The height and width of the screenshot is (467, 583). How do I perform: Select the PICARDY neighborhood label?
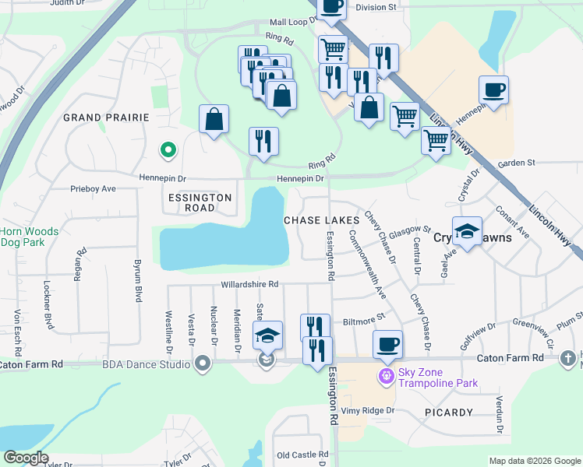tap(448, 412)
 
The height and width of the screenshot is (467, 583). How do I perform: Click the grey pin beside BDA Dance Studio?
tap(203, 363)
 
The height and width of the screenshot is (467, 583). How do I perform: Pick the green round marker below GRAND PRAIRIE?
tap(166, 149)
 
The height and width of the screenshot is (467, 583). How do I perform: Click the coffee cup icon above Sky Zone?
tap(387, 343)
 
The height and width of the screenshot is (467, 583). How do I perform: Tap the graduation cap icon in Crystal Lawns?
tap(467, 231)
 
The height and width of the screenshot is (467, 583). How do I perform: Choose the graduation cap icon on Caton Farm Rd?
tap(267, 335)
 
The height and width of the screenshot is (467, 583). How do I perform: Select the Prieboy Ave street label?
tap(93, 188)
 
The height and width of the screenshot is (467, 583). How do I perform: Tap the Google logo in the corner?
tap(25, 458)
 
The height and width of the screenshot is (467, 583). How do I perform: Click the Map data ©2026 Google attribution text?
tap(534, 461)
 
